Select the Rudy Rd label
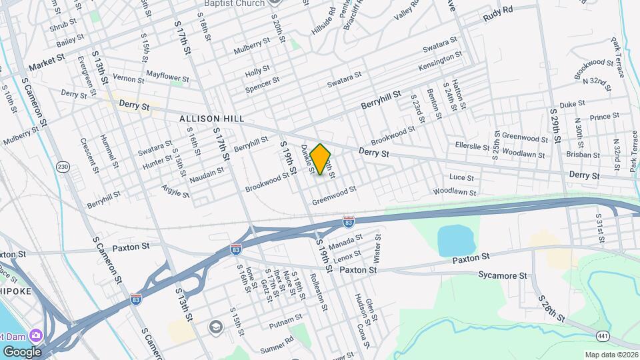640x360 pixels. [x=498, y=11]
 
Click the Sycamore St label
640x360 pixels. [x=503, y=275]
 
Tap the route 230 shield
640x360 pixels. [x=63, y=166]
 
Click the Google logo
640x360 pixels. [x=21, y=351]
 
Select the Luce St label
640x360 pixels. [x=461, y=178]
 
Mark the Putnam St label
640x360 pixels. [x=277, y=325]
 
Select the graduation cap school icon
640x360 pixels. [x=215, y=327]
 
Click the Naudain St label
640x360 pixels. [x=207, y=173]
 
